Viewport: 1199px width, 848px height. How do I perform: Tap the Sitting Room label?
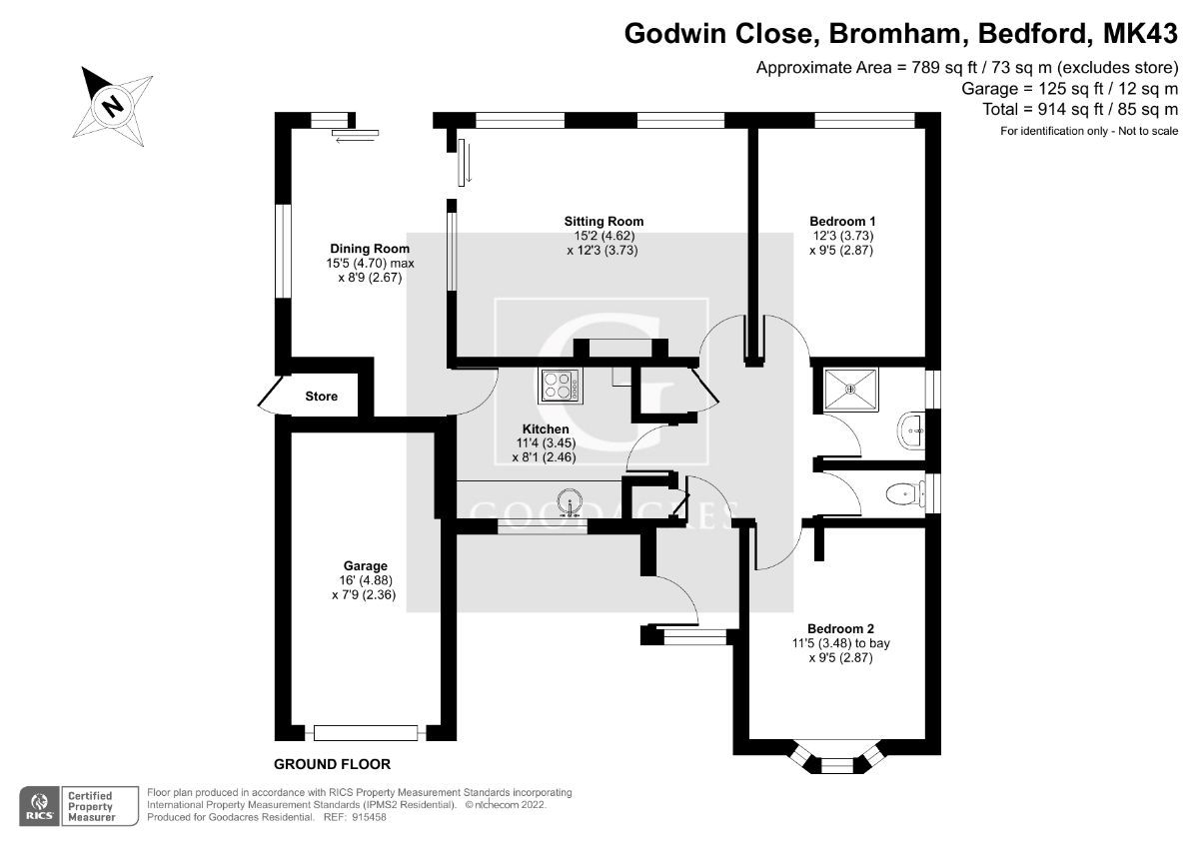coord(603,222)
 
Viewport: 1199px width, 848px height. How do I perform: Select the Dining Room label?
coord(370,249)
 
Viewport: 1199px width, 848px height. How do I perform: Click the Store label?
coord(321,397)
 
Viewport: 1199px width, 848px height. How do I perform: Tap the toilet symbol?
coord(905,492)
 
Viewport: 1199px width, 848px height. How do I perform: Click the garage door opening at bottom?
coord(365,732)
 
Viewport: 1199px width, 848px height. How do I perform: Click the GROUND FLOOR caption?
coord(332,765)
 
